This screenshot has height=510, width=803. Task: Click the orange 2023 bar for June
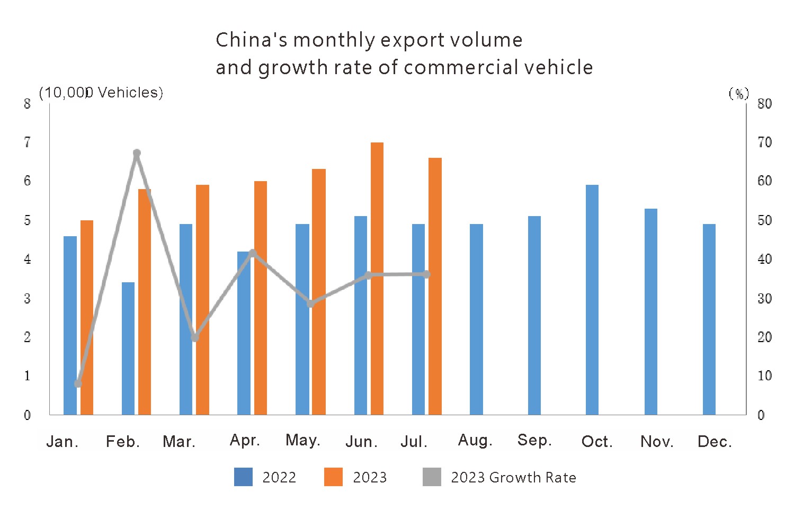(377, 279)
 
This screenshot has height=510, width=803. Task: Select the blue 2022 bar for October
(592, 300)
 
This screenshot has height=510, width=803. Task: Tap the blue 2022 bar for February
(128, 348)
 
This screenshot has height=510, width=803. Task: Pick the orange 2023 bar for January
(87, 318)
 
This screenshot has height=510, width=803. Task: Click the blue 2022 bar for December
(709, 319)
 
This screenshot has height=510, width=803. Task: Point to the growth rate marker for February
(137, 154)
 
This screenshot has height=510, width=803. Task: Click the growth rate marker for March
(195, 337)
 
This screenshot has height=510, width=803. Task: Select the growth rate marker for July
(426, 274)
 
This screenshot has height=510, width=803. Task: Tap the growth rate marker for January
(78, 383)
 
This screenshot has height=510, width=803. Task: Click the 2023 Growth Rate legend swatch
(432, 477)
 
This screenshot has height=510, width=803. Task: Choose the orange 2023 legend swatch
(333, 477)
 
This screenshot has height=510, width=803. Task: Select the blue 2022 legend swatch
(243, 477)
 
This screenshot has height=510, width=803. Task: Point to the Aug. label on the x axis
(475, 441)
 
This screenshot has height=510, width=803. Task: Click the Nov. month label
(657, 442)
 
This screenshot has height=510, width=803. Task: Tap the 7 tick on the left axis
(28, 142)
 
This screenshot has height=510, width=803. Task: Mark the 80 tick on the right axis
(764, 104)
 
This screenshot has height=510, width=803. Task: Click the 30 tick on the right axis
(764, 299)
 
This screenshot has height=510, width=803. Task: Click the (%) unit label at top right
(739, 94)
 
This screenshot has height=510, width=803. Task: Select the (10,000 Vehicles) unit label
(101, 93)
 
